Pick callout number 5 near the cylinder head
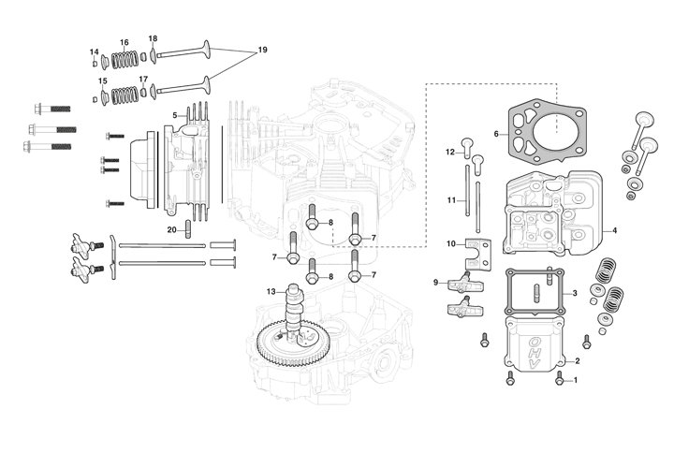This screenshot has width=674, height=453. [173, 115]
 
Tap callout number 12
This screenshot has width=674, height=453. [449, 152]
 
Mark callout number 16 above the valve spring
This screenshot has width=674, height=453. [124, 43]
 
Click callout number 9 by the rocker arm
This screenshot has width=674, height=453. [436, 282]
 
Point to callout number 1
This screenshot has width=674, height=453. [576, 380]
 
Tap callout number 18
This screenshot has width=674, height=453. [153, 38]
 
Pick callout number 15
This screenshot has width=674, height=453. [102, 81]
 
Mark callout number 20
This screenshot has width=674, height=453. [171, 229]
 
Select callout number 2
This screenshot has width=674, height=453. [577, 360]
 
